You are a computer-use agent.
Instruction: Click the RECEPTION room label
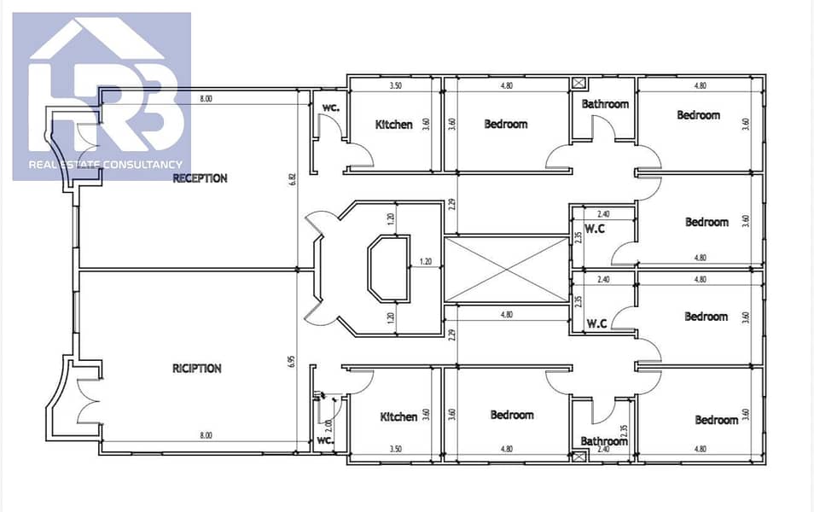[x=200, y=178]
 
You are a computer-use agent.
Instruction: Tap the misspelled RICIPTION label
[x=197, y=368]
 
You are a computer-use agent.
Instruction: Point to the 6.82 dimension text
[x=293, y=180]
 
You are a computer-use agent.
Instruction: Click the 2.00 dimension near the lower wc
[x=328, y=427]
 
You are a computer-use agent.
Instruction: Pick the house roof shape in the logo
[x=96, y=39]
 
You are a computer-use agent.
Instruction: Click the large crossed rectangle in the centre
[x=507, y=269]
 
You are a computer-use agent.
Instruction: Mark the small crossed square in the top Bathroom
[x=579, y=83]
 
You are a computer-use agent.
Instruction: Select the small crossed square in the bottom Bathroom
[x=579, y=457]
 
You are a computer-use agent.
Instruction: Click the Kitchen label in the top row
[x=394, y=125]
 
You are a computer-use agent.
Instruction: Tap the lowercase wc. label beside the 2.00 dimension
[x=325, y=441]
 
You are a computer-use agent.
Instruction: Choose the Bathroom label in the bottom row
[x=604, y=441]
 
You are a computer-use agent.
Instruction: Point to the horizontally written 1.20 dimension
[x=426, y=262]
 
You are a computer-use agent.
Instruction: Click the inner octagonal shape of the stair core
[x=389, y=268]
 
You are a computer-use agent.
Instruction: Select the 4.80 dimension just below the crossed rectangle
[x=507, y=314]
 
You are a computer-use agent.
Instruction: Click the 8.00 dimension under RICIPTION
[x=206, y=435]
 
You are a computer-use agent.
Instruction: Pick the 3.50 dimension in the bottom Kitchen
[x=396, y=449]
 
